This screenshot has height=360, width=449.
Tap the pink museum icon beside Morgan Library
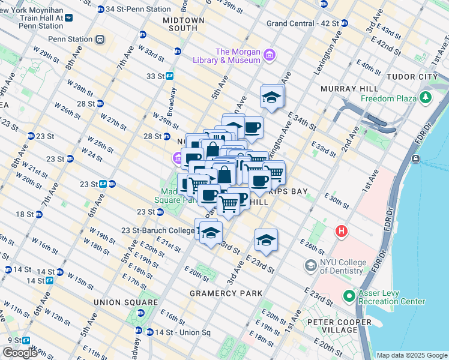270,56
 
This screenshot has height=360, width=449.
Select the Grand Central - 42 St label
303,23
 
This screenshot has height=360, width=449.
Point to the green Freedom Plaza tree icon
426,97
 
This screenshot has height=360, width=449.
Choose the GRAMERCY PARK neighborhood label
226,293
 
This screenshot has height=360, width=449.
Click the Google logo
19,353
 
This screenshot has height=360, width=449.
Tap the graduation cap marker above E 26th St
266,240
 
